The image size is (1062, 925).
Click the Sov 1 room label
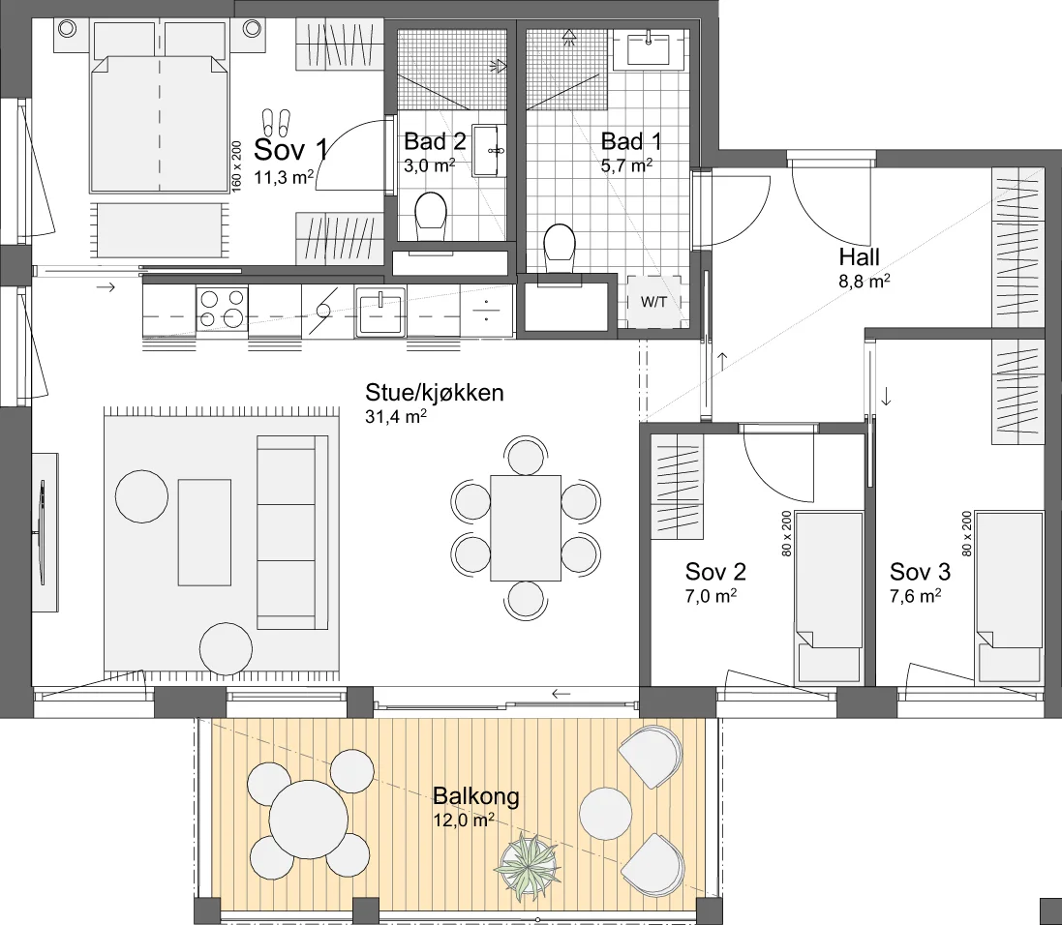[x=290, y=149]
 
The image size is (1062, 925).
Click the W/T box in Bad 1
[x=653, y=302]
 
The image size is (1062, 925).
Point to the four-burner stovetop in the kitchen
[x=222, y=308]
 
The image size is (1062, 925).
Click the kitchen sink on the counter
[x=380, y=312]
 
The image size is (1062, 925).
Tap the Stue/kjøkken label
[x=434, y=393]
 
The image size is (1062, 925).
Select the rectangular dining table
[x=526, y=528]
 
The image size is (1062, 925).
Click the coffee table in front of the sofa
[x=204, y=532]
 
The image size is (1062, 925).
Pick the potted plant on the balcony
[x=528, y=868]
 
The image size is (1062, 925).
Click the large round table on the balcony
[x=308, y=820]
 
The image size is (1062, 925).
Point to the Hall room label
[x=859, y=257]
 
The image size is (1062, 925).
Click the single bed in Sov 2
[x=829, y=597]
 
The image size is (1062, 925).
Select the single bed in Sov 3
[x=1009, y=597]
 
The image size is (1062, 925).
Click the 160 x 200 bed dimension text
[x=236, y=166]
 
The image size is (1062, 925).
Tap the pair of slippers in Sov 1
[x=276, y=122]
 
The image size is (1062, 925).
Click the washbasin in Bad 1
[x=649, y=49]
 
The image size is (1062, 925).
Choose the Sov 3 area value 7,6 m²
[x=915, y=596]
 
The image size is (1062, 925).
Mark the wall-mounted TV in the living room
[x=43, y=532]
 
